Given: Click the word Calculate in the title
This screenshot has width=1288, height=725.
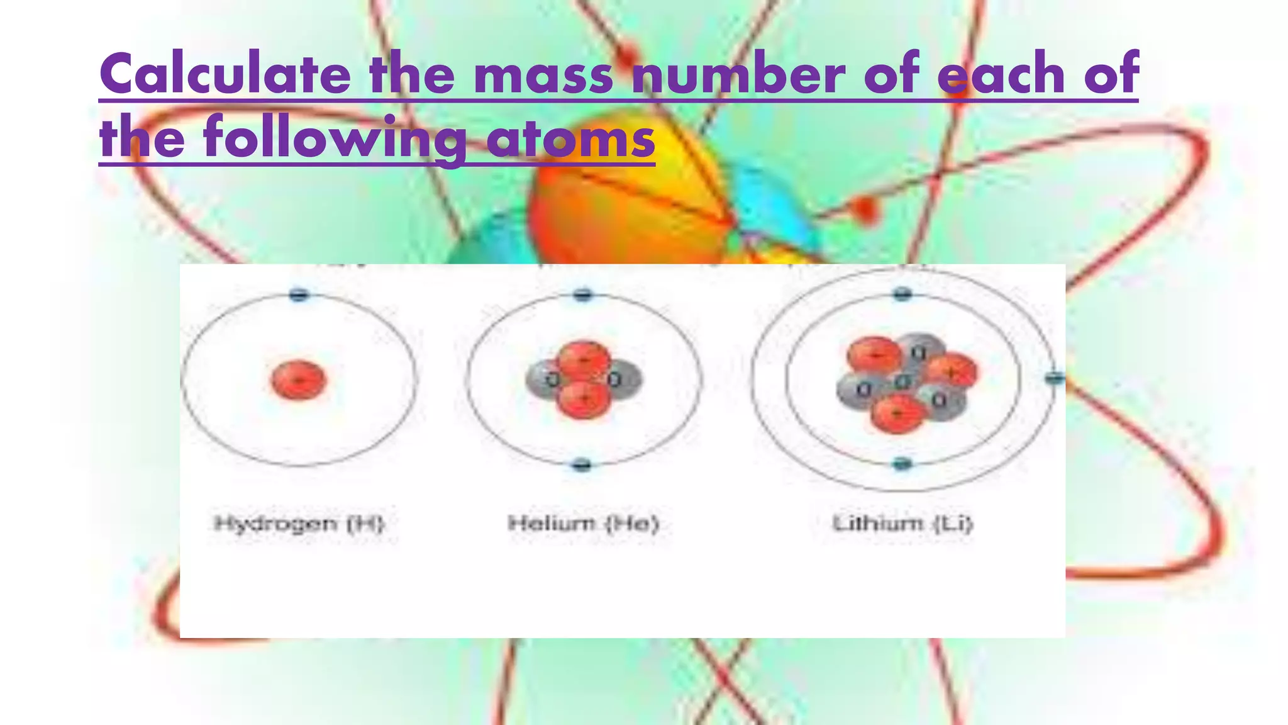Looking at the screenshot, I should [225, 74].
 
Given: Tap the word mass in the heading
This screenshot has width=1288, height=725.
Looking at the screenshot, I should [542, 74].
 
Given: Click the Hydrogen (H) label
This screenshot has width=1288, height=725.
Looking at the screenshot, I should [299, 523].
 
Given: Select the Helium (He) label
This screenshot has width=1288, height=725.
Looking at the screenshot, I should [583, 523].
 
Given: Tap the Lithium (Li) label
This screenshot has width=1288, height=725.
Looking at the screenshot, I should [902, 523].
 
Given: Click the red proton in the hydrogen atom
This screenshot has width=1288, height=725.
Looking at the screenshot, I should [298, 379].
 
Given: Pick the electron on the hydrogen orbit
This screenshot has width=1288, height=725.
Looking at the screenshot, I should [299, 295].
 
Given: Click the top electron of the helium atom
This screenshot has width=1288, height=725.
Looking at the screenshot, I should [583, 294].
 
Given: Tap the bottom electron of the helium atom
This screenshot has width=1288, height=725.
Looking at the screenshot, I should [582, 465].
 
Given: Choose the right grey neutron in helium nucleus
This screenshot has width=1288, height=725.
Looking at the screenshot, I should [621, 379].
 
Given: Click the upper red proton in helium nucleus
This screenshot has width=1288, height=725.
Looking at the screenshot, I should [584, 360].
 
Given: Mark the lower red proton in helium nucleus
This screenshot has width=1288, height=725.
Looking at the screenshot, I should [584, 399].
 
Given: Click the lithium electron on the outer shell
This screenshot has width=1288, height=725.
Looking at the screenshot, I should [1055, 378].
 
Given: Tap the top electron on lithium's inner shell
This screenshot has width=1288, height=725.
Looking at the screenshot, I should [902, 294].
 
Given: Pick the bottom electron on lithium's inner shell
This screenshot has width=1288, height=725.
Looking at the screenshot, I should [902, 464].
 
